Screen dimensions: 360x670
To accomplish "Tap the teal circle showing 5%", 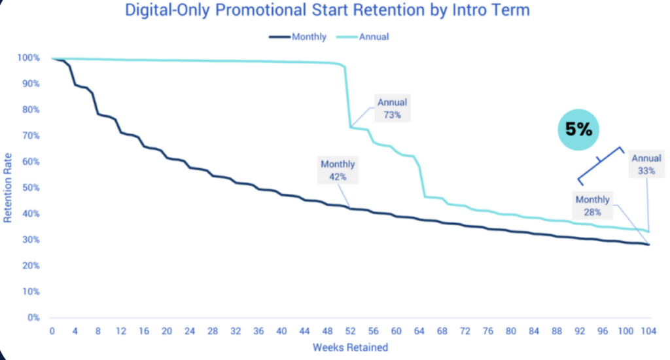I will pos(578,130).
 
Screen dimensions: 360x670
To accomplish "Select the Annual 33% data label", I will pos(646,164).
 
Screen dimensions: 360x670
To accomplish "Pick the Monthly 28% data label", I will pos(592,206).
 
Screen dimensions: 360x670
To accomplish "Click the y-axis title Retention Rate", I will pos(9,188).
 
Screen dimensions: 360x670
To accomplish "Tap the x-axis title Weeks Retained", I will pos(350,347).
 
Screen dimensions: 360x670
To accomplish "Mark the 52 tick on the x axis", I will pos(351,331).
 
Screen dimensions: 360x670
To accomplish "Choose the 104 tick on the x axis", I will pos(648,331).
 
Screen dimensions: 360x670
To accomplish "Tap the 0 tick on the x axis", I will pos(52,331).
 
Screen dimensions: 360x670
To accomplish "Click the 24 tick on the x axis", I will pos(190,331).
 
